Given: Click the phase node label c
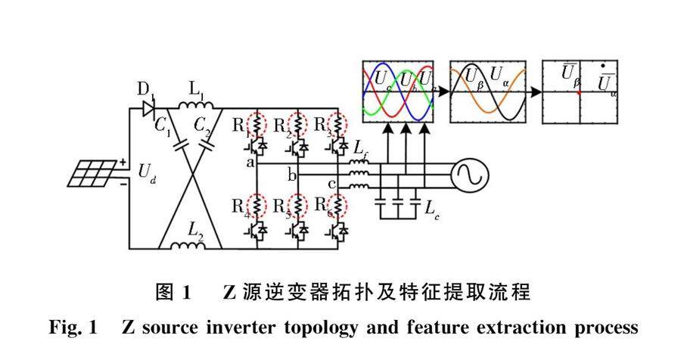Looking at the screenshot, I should [x=331, y=185].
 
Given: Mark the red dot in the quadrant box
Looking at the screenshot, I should [x=579, y=93].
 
